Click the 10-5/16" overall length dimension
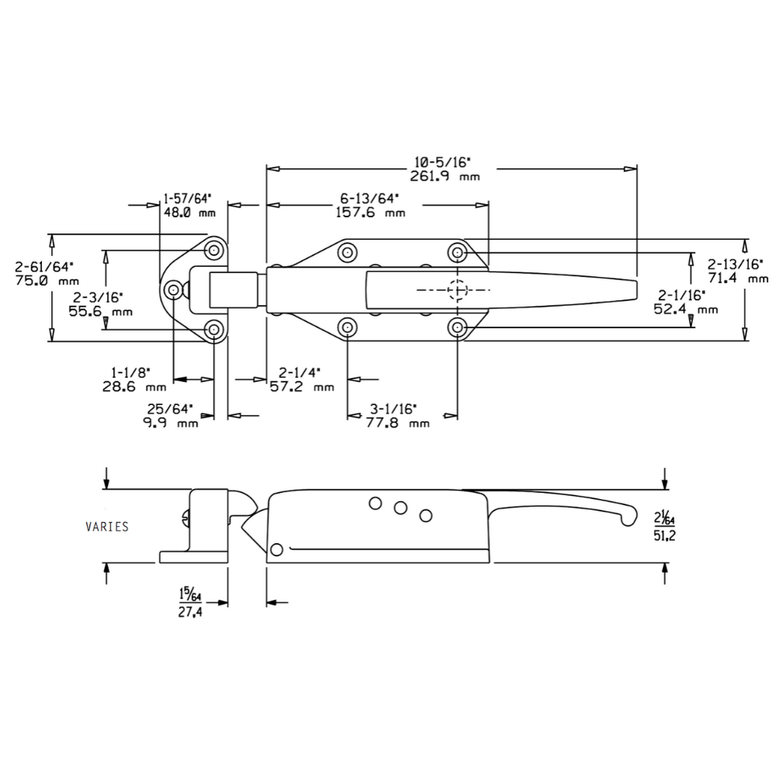443,161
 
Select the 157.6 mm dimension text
371,212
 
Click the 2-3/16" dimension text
95,297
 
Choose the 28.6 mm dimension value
133,386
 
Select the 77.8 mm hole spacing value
397,423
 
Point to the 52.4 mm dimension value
686,309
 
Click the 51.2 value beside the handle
665,535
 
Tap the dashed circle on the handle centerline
458,289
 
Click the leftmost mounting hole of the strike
173,290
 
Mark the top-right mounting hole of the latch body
458,252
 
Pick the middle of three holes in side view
400,508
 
